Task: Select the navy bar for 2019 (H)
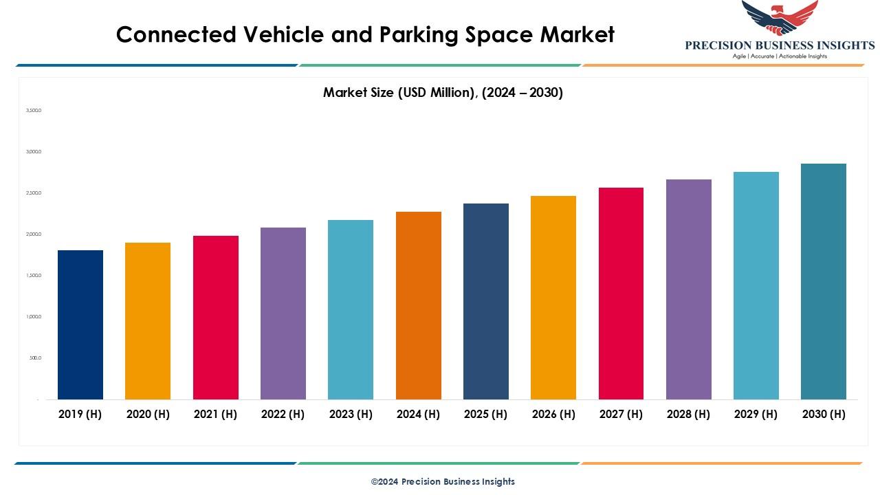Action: pyautogui.click(x=80, y=324)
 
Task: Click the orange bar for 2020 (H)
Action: pyautogui.click(x=148, y=321)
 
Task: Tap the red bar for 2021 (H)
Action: pyautogui.click(x=216, y=318)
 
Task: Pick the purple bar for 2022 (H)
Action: pyautogui.click(x=283, y=313)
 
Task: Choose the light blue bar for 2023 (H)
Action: pyautogui.click(x=351, y=309)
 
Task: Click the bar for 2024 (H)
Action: pyautogui.click(x=419, y=305)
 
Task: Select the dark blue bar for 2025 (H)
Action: pyautogui.click(x=486, y=301)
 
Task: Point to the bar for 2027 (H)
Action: pyautogui.click(x=621, y=294)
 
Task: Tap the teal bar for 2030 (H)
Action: pyautogui.click(x=824, y=281)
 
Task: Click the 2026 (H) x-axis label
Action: pyautogui.click(x=553, y=414)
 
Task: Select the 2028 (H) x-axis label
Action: pyautogui.click(x=688, y=414)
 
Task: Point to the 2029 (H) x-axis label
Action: pyautogui.click(x=756, y=414)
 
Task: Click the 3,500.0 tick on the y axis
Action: pyautogui.click(x=34, y=110)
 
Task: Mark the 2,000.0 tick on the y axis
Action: pyautogui.click(x=34, y=234)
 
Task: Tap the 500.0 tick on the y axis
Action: pyautogui.click(x=35, y=358)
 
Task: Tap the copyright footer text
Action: pyautogui.click(x=443, y=481)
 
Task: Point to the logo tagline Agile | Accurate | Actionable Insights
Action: pyautogui.click(x=780, y=56)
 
